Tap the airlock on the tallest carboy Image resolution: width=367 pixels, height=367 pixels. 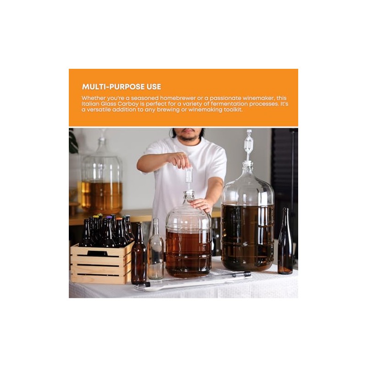(x=248, y=143)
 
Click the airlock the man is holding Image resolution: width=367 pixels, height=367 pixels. (x=189, y=177)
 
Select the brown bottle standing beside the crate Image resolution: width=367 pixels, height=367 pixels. (x=139, y=257)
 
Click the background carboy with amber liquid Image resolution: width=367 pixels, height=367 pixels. (x=101, y=179)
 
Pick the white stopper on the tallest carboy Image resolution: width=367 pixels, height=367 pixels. (x=248, y=163)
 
